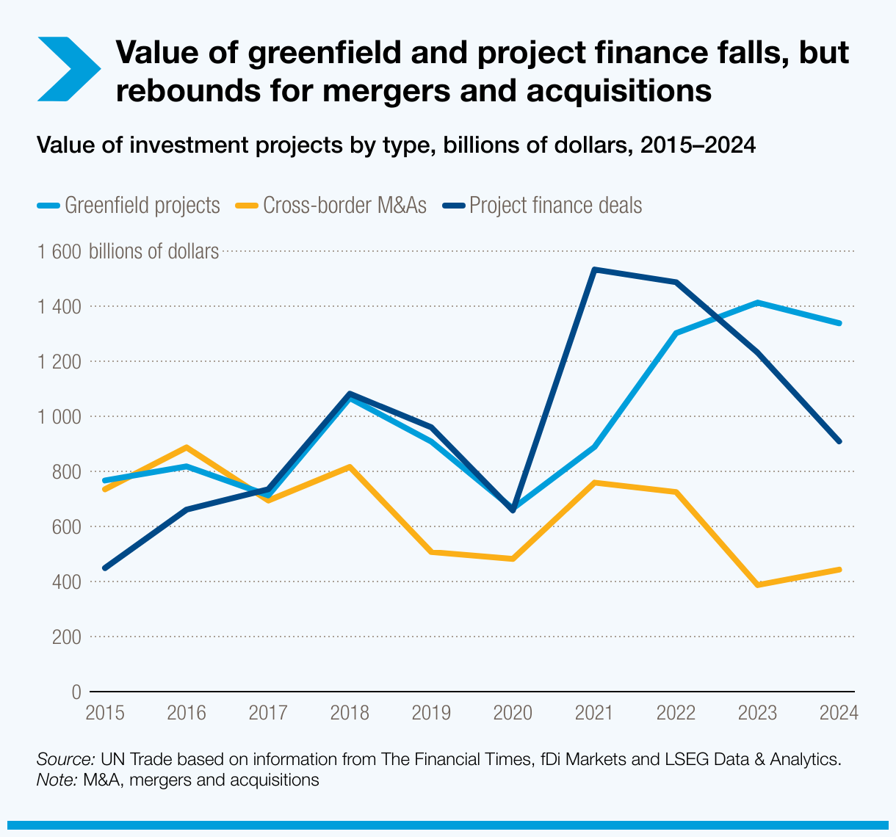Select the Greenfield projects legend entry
click(x=129, y=205)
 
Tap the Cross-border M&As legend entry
click(x=330, y=205)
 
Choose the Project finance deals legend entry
click(x=543, y=205)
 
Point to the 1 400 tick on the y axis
click(x=59, y=306)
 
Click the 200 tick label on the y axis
click(x=67, y=637)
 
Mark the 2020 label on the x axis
click(x=513, y=713)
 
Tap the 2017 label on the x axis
click(x=268, y=713)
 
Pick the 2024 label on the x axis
click(x=839, y=713)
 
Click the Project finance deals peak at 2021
click(x=594, y=270)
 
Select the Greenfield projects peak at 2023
click(x=757, y=302)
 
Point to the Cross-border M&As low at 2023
click(x=757, y=585)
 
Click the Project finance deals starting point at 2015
click(x=105, y=568)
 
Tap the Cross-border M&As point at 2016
click(x=187, y=447)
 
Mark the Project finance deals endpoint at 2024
click(x=839, y=441)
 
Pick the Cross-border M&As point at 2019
click(x=431, y=552)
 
